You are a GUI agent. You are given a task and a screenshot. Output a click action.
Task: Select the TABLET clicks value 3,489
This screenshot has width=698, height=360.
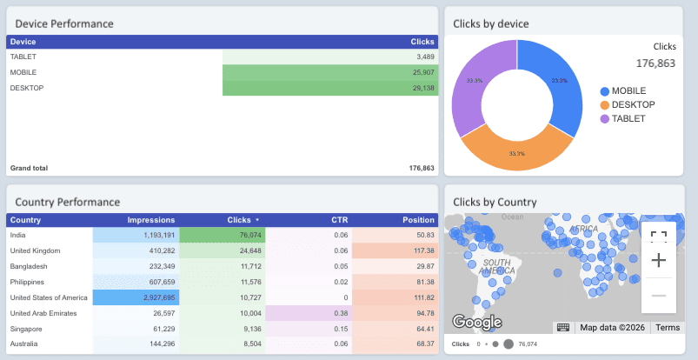418,57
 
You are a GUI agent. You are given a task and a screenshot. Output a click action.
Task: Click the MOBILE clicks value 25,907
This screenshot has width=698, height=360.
416,72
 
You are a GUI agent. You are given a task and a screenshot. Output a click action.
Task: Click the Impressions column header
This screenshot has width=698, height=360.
150,220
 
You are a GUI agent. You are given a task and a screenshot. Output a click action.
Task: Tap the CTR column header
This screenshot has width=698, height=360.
340,220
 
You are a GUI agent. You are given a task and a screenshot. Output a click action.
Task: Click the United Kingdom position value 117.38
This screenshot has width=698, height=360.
417,250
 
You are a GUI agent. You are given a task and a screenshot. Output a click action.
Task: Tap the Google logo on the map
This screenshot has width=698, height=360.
476,323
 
